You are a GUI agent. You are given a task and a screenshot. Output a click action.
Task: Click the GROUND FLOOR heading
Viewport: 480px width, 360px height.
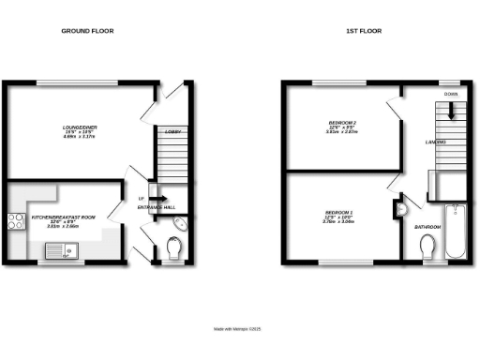89,31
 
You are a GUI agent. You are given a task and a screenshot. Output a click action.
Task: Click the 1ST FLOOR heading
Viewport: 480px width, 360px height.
362,31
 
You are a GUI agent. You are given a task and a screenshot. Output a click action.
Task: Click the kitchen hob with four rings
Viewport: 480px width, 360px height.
16,222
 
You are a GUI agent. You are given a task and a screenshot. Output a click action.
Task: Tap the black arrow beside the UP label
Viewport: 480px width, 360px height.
158,198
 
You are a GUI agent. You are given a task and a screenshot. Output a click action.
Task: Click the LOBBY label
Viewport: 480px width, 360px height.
172,133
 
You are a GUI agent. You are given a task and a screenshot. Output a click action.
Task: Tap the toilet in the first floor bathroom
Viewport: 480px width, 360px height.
428,247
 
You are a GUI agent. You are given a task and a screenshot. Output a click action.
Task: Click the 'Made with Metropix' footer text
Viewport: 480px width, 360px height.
240,328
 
